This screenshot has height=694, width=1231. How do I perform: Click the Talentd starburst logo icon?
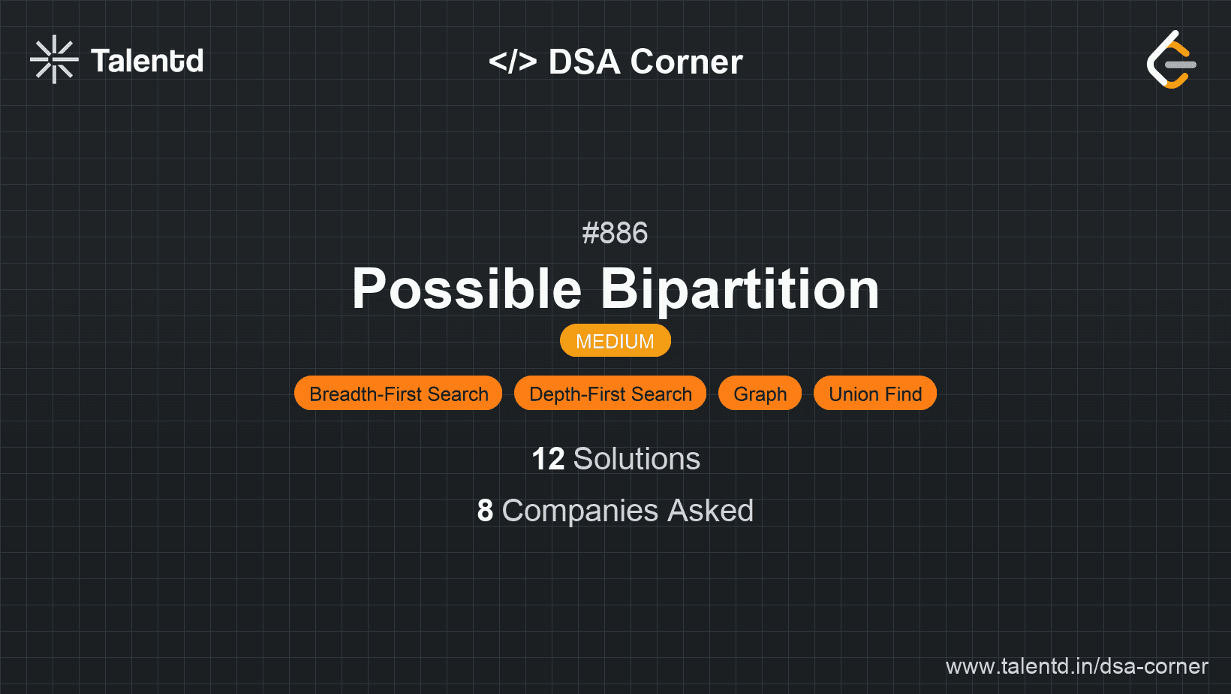[54, 59]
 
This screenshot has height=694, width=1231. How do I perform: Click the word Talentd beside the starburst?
[147, 61]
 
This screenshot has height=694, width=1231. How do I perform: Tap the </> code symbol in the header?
[512, 61]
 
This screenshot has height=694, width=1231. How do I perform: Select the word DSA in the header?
[585, 62]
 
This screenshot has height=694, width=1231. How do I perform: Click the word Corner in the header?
[686, 62]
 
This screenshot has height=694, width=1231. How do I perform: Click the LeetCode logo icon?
[1171, 59]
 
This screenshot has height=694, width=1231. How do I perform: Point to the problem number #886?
[615, 233]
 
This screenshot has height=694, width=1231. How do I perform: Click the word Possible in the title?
[467, 288]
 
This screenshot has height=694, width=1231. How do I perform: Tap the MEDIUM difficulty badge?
[615, 341]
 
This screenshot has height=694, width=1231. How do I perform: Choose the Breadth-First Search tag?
[399, 394]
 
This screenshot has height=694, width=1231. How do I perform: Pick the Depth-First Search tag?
[610, 394]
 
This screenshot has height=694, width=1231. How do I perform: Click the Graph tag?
[760, 394]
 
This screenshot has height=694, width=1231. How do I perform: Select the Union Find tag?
[875, 394]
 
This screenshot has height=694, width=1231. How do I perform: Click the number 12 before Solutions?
[548, 459]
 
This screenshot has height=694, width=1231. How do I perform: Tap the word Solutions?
[637, 459]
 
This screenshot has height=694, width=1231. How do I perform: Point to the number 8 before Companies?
[485, 510]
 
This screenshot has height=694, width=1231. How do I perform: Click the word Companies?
[579, 511]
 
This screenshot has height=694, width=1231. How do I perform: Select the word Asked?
[710, 510]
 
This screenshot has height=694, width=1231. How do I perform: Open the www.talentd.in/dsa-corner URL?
[1076, 666]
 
